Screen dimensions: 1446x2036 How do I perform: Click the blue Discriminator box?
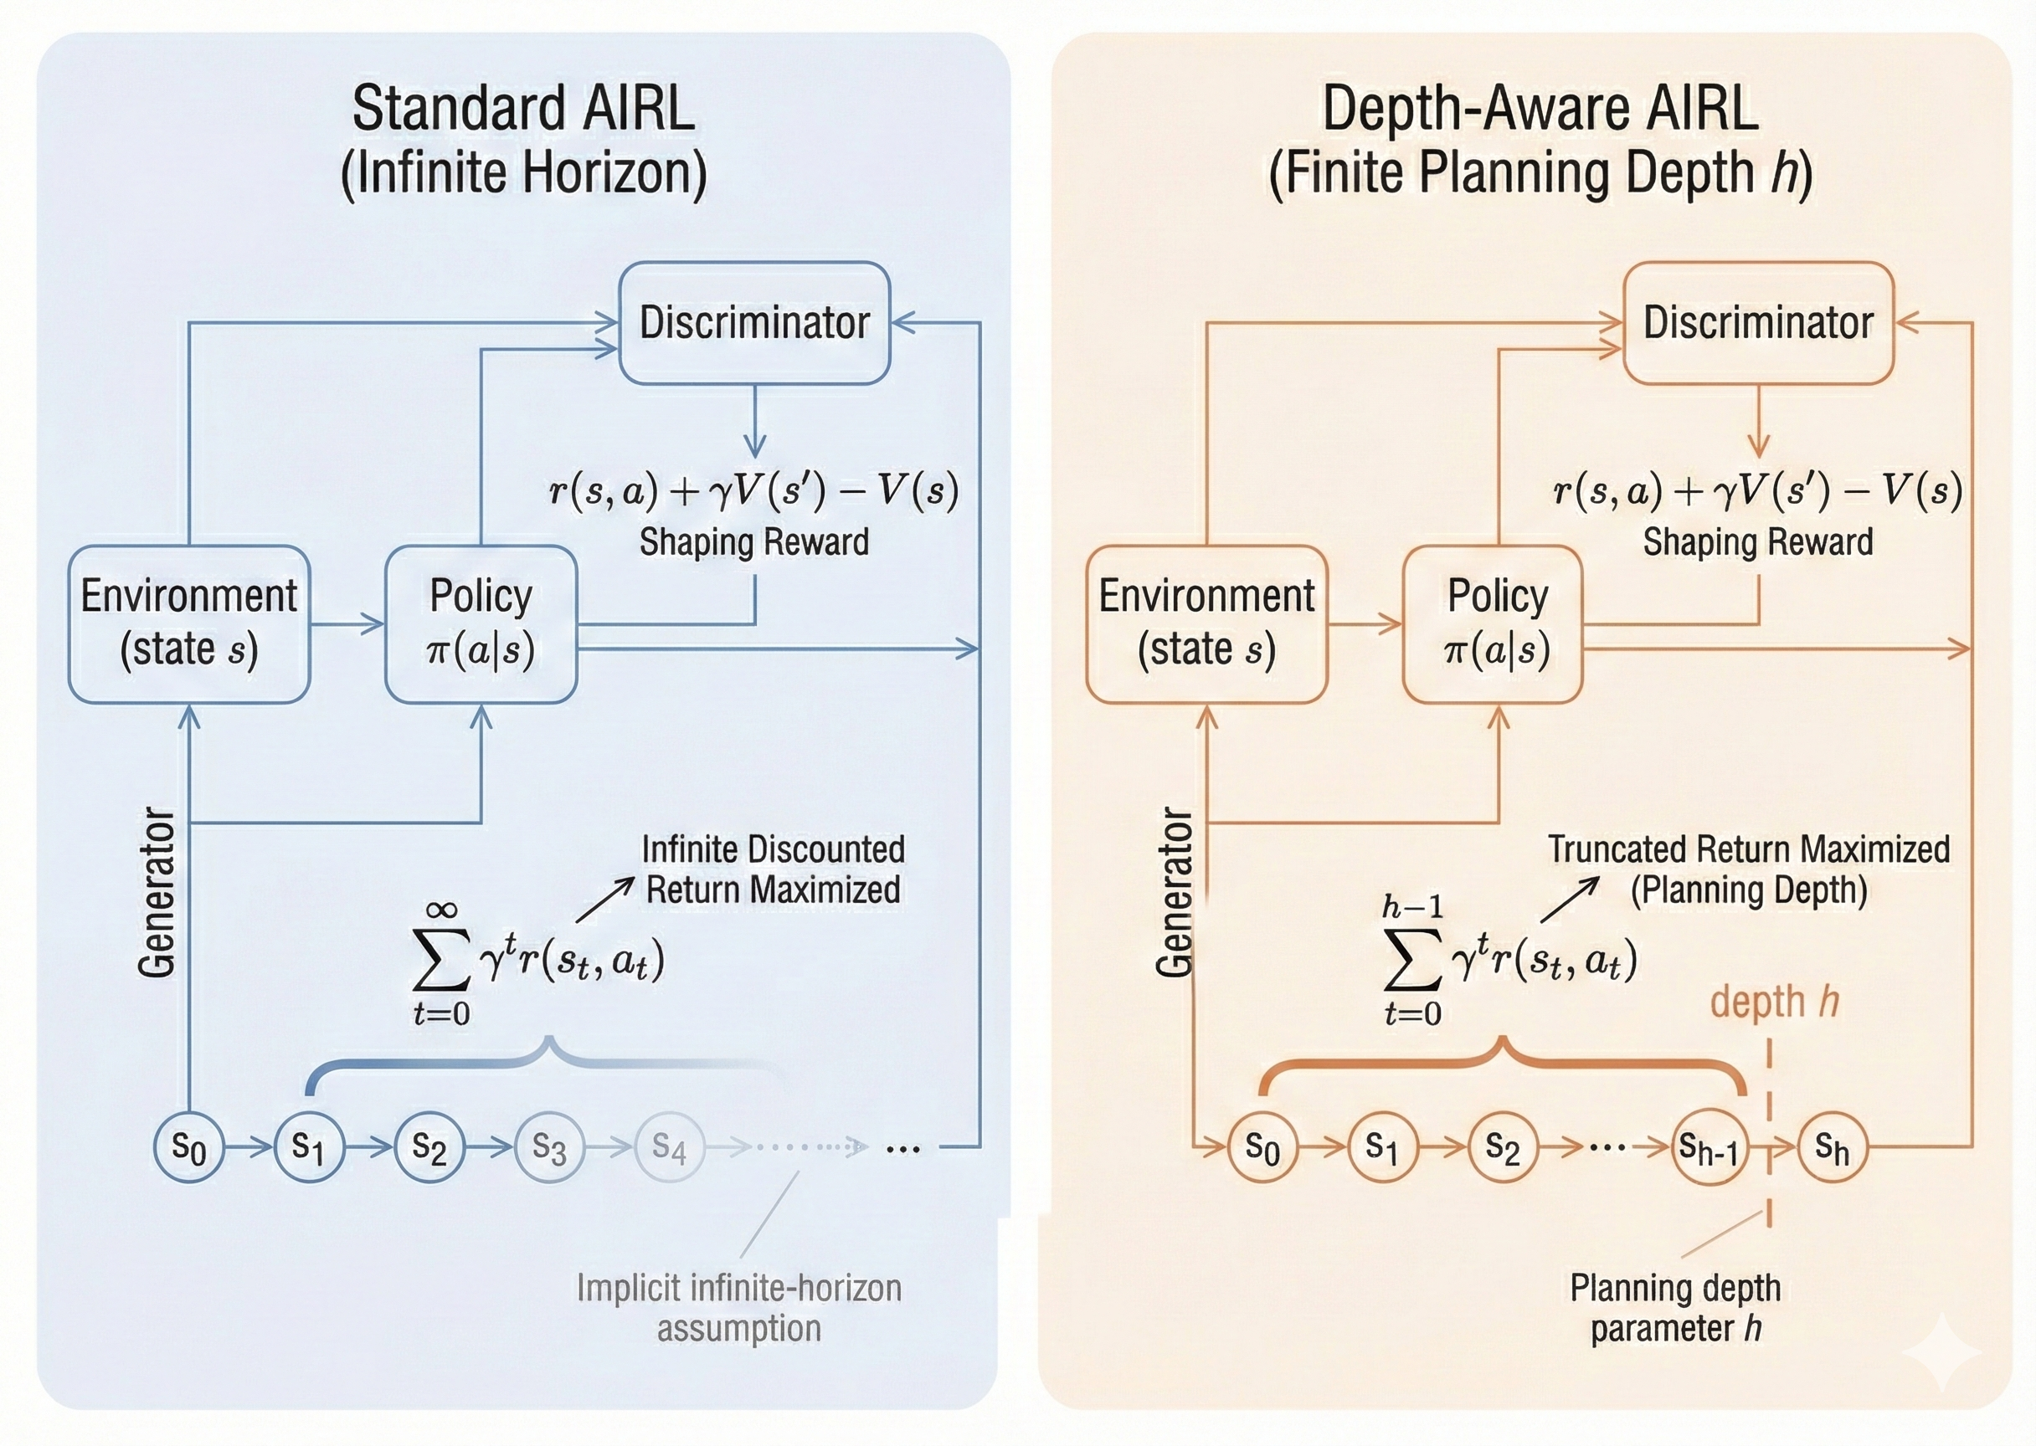pos(754,322)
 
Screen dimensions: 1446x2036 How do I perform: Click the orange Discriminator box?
pos(1758,322)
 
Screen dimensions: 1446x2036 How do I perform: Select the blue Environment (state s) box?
pos(189,623)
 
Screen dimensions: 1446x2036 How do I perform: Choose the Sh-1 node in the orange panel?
pos(1708,1149)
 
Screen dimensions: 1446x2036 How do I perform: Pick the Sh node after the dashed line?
pos(1831,1149)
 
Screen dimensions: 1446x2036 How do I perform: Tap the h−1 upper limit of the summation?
pos(1412,908)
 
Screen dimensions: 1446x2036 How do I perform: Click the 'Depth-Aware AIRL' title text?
pos(1540,109)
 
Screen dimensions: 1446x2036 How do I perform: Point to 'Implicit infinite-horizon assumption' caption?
pos(738,1308)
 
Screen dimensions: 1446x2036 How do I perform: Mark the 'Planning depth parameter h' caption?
pos(1675,1308)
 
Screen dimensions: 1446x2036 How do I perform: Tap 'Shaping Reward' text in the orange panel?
pos(1757,542)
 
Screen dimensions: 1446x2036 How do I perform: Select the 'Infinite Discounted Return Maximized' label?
pos(772,869)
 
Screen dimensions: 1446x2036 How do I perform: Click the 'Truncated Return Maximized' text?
pos(1748,849)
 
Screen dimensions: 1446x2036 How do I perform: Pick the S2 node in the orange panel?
pos(1503,1149)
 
